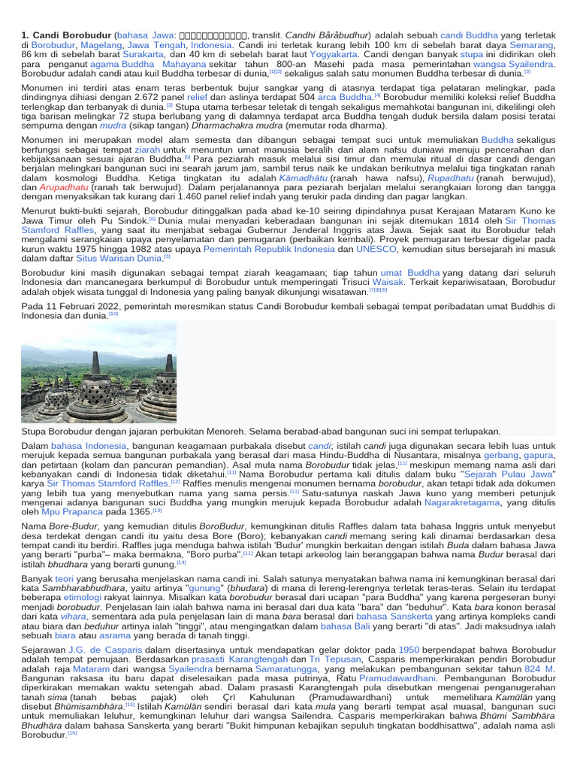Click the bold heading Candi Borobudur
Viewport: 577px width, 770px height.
[x=67, y=35]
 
